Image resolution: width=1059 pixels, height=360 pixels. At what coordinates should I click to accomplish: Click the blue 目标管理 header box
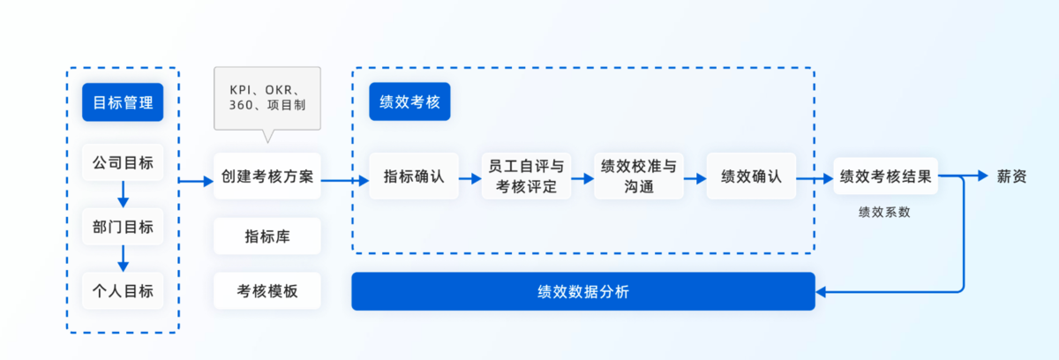point(123,102)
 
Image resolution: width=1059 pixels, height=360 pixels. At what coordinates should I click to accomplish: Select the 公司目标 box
point(123,163)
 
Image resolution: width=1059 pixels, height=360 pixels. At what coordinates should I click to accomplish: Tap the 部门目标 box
point(123,227)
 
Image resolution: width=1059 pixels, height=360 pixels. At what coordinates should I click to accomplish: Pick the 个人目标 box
point(123,291)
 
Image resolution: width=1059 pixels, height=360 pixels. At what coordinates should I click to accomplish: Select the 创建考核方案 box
point(267,176)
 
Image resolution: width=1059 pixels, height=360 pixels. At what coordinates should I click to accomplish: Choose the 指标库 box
point(267,236)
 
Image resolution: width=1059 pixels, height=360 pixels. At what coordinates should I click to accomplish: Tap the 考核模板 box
point(267,291)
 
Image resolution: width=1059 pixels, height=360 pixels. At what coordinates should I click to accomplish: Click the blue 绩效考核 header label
point(410,103)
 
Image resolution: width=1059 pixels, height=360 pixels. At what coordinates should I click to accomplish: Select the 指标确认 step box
point(414,176)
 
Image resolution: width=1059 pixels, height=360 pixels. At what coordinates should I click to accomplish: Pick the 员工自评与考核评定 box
point(526,176)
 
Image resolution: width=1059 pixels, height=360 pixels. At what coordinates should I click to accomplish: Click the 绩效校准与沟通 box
point(639,176)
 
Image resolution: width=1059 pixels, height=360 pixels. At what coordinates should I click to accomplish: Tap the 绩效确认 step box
point(751,176)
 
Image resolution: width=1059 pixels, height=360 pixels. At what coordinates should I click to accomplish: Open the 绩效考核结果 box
point(885,176)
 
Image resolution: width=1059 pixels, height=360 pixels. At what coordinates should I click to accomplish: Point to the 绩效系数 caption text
point(884,213)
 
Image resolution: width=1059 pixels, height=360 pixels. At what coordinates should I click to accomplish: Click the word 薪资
point(1012,176)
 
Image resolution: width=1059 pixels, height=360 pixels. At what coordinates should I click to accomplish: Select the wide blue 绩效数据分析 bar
point(582,291)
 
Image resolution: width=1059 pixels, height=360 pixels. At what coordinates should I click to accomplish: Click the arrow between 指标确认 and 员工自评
point(469,177)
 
